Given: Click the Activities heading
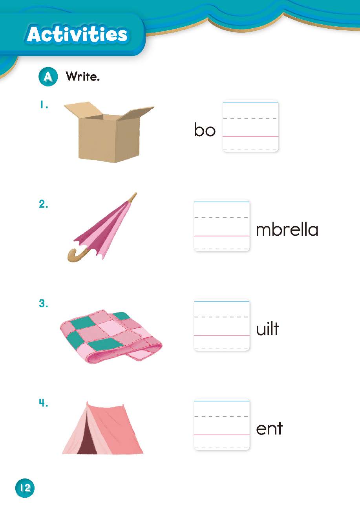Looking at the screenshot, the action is (x=77, y=35).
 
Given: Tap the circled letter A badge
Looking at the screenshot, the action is (x=48, y=77).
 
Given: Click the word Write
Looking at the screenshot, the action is (x=82, y=76).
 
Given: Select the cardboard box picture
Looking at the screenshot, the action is (x=109, y=132).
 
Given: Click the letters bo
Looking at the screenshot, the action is (x=205, y=130).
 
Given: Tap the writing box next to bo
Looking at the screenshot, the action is (x=250, y=126).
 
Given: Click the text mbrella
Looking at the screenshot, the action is (x=287, y=229).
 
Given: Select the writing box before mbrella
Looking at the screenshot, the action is (x=222, y=225).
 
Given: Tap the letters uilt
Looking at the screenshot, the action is (x=267, y=328).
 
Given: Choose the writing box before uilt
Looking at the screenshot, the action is (x=222, y=325).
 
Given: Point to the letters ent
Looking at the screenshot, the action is (x=269, y=429).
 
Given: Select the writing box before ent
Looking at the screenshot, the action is (x=222, y=424).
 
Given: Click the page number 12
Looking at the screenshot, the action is (x=25, y=488).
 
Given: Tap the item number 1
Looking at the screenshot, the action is (x=44, y=105).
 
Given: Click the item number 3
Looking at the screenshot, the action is (x=44, y=304).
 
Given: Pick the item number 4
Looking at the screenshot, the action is (x=44, y=403).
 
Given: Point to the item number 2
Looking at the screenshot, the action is (x=44, y=204).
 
